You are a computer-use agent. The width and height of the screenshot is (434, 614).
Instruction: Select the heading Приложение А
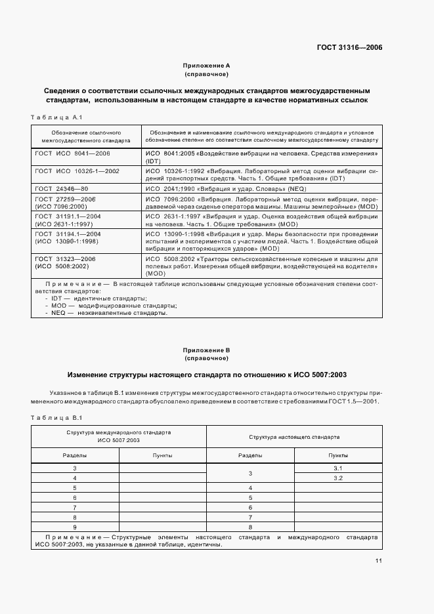pyautogui.click(x=206, y=66)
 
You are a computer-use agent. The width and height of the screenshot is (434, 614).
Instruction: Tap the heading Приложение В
pyautogui.click(x=206, y=351)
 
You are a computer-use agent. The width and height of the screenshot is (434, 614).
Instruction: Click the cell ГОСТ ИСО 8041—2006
pyautogui.click(x=72, y=153)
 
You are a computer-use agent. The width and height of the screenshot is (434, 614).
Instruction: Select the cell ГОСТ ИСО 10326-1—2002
pyautogui.click(x=77, y=171)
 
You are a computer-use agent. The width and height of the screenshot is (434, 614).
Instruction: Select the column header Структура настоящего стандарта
pyautogui.click(x=294, y=436)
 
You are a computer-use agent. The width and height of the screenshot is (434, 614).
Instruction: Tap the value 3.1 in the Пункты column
pyautogui.click(x=338, y=468)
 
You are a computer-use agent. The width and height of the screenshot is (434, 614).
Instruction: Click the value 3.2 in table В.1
pyautogui.click(x=338, y=478)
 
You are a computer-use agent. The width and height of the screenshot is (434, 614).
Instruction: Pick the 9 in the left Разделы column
pyautogui.click(x=75, y=527)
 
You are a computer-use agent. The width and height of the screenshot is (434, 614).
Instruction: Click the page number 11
pyautogui.click(x=379, y=560)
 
